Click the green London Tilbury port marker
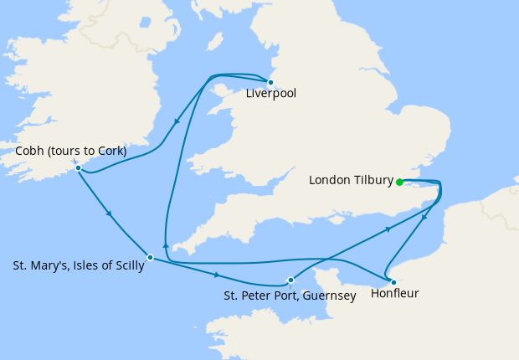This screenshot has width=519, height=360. click(x=399, y=182)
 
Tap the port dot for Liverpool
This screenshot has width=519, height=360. click(x=270, y=82)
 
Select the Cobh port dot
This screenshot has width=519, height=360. click(x=78, y=167)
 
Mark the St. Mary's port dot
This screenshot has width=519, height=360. click(x=150, y=257)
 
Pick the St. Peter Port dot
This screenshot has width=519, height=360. click(x=290, y=280)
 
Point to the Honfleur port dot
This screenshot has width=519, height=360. click(x=393, y=282)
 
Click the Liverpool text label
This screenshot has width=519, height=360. click(x=270, y=94)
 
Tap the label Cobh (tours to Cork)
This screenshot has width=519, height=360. click(x=71, y=152)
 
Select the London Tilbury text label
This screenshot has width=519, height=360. click(x=351, y=180)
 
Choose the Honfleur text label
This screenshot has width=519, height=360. click(x=394, y=295)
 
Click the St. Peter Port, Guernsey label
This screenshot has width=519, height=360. click(x=290, y=296)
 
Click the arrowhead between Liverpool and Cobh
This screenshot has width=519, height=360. click(x=176, y=122)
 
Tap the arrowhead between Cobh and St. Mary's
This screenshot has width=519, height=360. click(x=109, y=214)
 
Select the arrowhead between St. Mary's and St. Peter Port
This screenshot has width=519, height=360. click(x=217, y=275)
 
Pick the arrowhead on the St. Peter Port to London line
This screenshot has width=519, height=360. click(x=388, y=228)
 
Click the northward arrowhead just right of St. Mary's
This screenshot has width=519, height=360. click(x=166, y=244)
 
